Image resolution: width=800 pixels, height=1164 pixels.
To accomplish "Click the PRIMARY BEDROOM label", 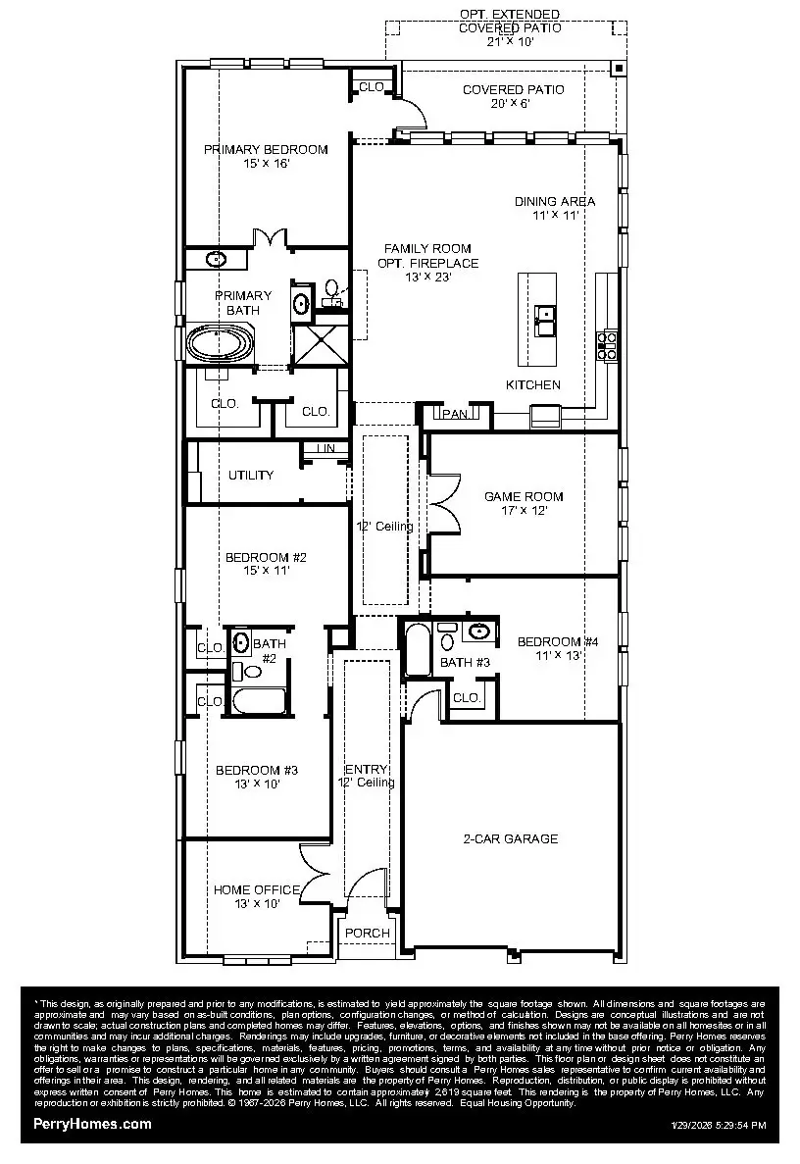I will (x=266, y=150).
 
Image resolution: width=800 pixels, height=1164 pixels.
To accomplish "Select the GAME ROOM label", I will (x=524, y=496).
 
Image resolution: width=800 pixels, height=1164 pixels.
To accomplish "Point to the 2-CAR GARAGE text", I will (x=510, y=838).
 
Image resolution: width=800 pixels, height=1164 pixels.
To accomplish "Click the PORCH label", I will (x=368, y=933).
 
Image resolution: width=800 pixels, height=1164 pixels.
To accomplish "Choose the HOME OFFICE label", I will (x=257, y=889).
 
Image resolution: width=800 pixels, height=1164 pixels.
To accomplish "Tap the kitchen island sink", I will (x=545, y=316).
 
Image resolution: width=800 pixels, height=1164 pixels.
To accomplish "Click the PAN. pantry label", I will (x=455, y=415).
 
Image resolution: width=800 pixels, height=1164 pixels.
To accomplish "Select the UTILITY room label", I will (x=251, y=476).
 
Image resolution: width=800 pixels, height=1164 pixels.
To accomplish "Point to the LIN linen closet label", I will (x=325, y=449).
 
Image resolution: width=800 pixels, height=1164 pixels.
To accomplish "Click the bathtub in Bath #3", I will (x=418, y=649).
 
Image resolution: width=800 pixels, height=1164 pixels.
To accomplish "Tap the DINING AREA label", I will (x=555, y=201).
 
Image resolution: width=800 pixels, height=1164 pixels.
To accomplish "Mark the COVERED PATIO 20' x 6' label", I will (x=513, y=89).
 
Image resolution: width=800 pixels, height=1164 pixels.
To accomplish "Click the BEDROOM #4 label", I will (x=558, y=642).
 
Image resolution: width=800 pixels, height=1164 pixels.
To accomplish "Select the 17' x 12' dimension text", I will (x=524, y=510).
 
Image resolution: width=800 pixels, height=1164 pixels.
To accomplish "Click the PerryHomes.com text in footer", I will (x=92, y=1124).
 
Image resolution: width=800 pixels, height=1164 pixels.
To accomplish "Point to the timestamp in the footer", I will (x=719, y=1126).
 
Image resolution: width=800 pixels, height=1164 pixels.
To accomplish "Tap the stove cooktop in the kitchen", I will (x=607, y=344).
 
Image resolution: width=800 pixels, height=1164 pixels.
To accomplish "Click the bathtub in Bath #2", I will (x=258, y=702).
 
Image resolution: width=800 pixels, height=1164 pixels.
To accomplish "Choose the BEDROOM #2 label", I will (x=266, y=557).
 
